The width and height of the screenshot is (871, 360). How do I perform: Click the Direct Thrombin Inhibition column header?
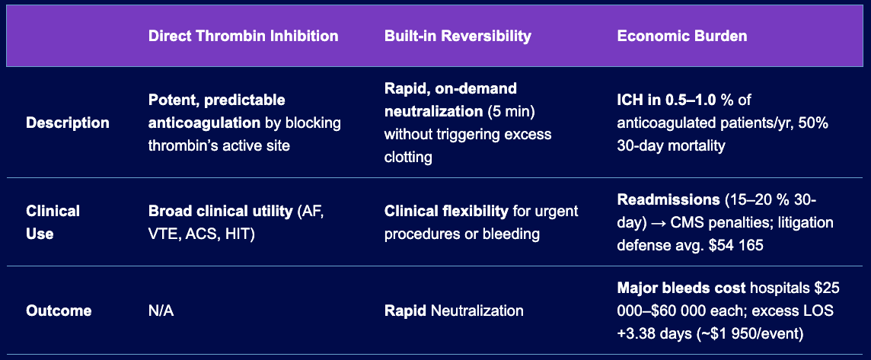[244, 36]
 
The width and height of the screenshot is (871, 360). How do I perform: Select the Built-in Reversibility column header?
[458, 36]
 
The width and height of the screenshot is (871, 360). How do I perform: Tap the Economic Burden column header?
[682, 36]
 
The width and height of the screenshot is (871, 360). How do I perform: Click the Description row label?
[68, 123]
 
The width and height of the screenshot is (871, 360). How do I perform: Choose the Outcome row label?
[59, 311]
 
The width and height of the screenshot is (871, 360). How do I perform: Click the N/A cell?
[161, 311]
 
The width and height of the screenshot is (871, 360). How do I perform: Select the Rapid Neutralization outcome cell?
[454, 311]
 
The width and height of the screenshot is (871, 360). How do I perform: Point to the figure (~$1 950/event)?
[742, 334]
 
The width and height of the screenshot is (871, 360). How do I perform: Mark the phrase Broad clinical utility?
[221, 211]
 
